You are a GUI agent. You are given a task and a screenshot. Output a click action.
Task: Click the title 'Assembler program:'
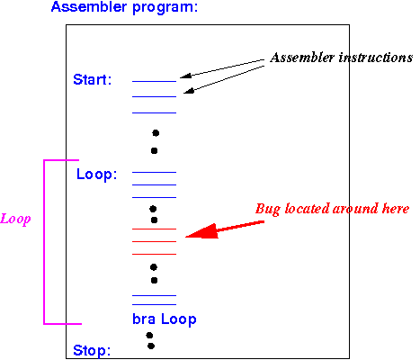124,7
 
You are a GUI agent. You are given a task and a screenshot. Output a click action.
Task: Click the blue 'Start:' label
93,80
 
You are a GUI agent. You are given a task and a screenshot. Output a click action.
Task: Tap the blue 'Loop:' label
96,175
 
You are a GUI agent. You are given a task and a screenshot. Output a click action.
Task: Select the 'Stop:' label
92,350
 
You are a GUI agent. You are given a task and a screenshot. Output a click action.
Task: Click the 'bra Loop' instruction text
165,319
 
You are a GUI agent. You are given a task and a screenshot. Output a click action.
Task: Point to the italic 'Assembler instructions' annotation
341,58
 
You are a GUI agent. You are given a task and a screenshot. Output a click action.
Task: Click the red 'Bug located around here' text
332,209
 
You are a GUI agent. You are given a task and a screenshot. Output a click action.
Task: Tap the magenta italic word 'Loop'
15,219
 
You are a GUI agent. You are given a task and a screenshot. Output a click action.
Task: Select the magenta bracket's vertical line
44,242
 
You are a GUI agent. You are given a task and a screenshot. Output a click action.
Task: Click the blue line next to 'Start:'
154,81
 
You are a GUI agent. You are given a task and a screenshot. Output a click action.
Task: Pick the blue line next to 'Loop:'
154,172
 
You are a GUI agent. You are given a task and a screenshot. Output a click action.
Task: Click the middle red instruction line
154,241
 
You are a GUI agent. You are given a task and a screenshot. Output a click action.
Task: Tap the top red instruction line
154,229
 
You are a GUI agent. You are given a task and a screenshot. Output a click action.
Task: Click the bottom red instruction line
154,254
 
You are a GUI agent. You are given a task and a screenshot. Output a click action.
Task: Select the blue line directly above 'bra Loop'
154,304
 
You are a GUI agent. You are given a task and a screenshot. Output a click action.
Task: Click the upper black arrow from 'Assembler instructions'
222,68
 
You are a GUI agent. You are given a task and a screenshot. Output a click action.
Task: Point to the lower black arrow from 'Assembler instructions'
224,79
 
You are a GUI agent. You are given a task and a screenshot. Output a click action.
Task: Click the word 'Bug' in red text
268,209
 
